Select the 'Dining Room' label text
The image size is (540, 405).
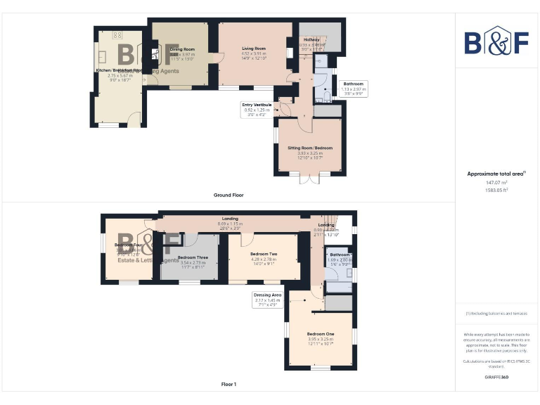[x=182, y=49]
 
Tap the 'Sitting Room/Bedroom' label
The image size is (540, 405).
[x=309, y=148]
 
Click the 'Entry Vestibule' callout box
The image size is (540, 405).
[x=257, y=108]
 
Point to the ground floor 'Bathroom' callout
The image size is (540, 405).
[x=353, y=87]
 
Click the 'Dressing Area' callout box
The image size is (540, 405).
[x=268, y=298]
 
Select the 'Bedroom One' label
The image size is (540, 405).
[x=320, y=333]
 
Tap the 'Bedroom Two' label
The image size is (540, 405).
[x=264, y=254]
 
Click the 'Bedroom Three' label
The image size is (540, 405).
[x=192, y=257]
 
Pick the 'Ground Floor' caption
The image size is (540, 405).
[x=229, y=195]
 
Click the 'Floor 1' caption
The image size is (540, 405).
[x=229, y=385]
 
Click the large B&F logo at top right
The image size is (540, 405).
[x=496, y=41]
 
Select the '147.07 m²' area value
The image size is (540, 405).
[x=496, y=181]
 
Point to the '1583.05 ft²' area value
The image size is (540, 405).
[x=496, y=190]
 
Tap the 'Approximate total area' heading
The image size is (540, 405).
[x=496, y=173]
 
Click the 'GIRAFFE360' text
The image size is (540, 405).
[x=496, y=378]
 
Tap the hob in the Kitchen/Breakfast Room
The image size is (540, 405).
[x=117, y=34]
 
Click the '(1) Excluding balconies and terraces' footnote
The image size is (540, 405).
[x=496, y=314]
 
